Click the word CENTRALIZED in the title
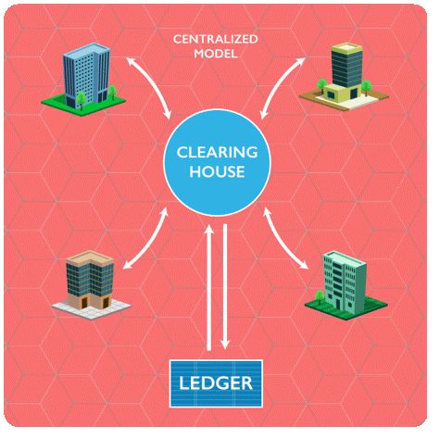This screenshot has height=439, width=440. (216, 39)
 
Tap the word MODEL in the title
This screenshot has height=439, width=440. (216, 54)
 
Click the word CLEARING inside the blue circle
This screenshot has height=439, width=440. (217, 152)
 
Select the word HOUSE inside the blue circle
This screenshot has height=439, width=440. (217, 171)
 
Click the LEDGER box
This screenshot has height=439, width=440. (216, 383)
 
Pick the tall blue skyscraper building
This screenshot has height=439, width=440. (86, 76)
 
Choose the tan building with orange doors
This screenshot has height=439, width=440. (90, 281)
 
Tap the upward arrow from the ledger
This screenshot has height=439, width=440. (209, 288)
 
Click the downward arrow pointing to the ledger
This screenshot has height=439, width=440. (225, 287)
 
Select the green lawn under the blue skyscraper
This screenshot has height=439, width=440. (83, 105)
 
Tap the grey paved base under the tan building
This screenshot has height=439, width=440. (92, 307)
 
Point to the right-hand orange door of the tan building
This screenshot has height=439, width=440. (106, 303)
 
